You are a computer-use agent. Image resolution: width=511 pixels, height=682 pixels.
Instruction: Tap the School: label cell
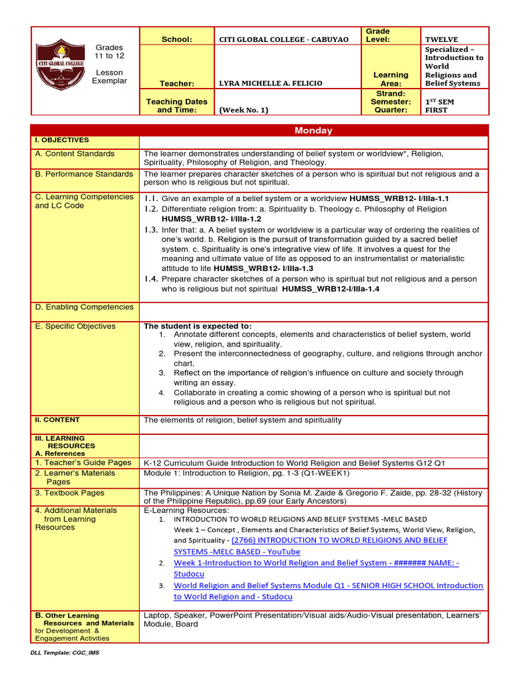(x=176, y=39)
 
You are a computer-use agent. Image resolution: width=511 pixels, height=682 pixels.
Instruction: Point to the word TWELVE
(x=442, y=39)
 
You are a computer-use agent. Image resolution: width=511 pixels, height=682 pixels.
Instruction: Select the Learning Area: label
(x=391, y=79)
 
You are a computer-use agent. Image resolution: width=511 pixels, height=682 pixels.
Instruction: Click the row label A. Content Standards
(x=75, y=154)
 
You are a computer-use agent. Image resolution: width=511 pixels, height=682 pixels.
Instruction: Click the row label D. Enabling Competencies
(x=84, y=307)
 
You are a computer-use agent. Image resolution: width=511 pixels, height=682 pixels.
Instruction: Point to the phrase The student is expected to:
(x=198, y=326)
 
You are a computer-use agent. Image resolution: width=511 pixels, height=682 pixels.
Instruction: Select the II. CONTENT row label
(x=57, y=420)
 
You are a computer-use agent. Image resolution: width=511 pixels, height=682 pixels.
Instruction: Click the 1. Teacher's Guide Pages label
(x=83, y=462)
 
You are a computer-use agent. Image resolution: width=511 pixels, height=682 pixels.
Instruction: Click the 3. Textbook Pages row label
(x=70, y=493)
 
